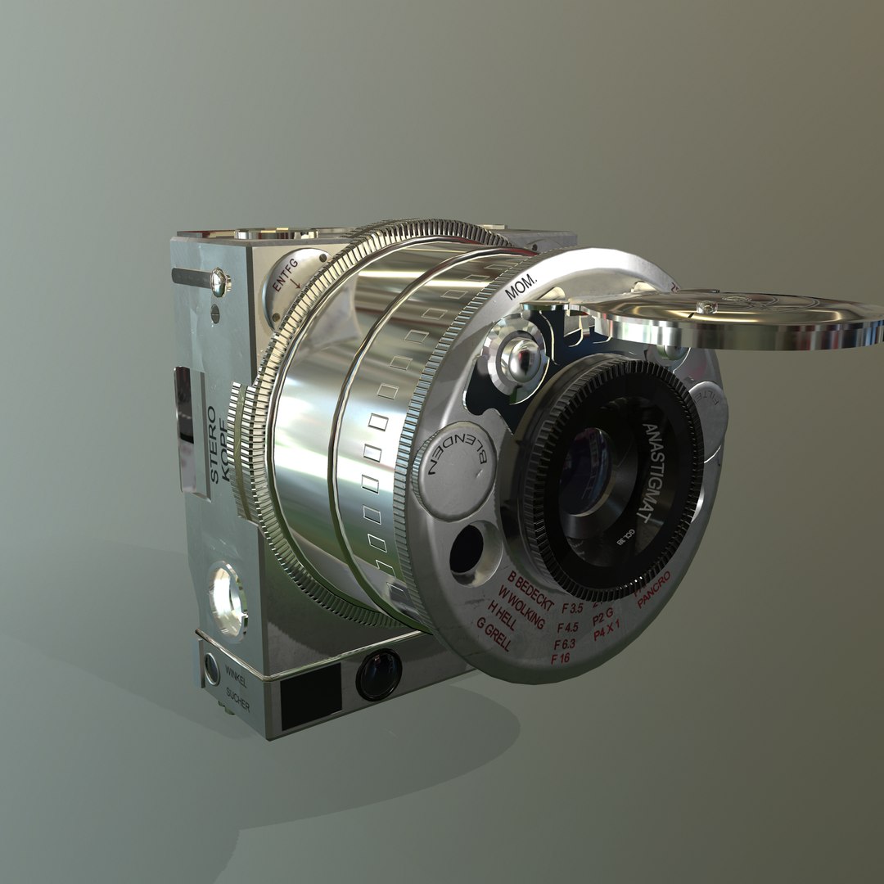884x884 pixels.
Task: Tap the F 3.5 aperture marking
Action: pyautogui.click(x=571, y=609)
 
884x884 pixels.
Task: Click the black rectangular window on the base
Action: pyautogui.click(x=310, y=696)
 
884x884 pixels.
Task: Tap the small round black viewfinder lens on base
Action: pyautogui.click(x=378, y=674)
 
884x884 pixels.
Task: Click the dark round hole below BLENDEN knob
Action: pyautogui.click(x=467, y=549)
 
